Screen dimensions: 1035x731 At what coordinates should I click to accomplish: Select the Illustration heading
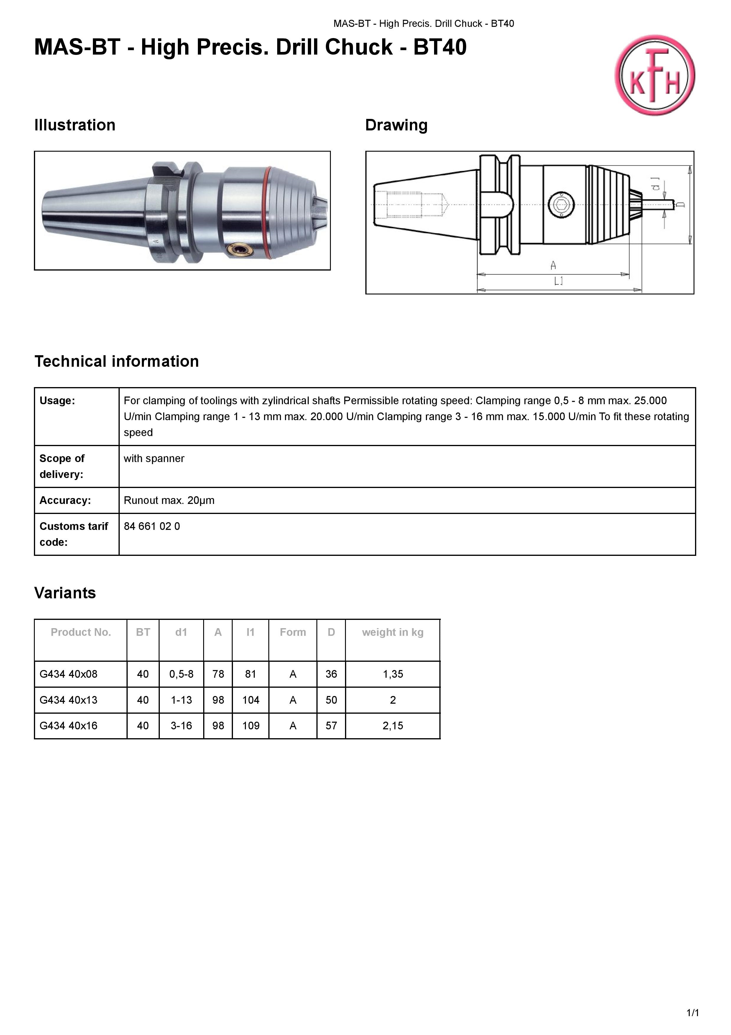click(x=75, y=125)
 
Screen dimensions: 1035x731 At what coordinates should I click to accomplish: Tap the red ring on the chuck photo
click(x=269, y=212)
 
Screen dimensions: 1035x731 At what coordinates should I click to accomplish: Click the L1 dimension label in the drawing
click(x=558, y=282)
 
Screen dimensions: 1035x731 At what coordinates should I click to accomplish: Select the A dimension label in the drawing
click(x=553, y=266)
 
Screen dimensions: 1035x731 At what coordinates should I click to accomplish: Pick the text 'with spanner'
click(x=154, y=458)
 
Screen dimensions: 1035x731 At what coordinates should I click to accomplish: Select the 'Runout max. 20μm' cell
click(x=169, y=500)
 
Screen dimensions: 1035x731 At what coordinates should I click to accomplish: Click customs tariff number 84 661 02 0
click(x=152, y=526)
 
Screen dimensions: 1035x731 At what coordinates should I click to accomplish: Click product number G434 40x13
click(x=68, y=700)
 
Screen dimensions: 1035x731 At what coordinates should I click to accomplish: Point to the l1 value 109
click(x=251, y=726)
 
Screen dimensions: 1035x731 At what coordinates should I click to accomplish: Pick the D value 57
click(x=331, y=726)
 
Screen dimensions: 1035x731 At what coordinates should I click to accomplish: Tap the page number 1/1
click(x=692, y=1013)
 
